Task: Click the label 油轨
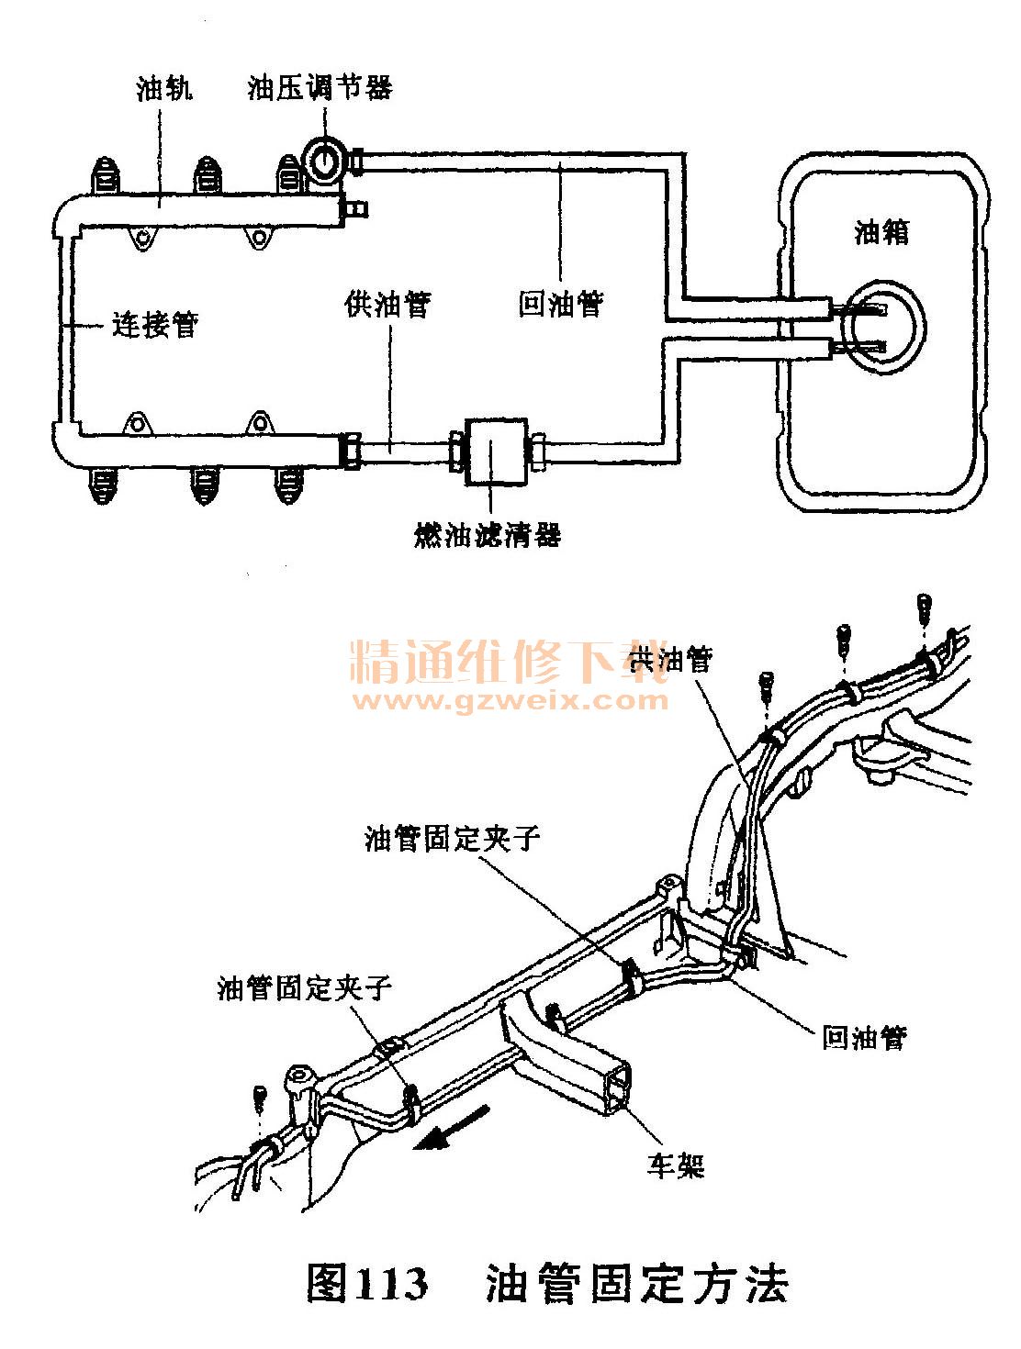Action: click(163, 88)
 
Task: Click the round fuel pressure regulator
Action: click(326, 159)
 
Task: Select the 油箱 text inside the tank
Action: click(881, 231)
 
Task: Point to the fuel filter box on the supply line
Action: click(495, 452)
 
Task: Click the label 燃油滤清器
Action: click(487, 534)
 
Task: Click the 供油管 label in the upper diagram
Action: click(388, 304)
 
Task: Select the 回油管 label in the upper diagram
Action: click(560, 304)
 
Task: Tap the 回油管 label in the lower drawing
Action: click(863, 1037)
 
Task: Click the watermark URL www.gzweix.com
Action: click(510, 701)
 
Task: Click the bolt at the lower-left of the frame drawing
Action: click(260, 1096)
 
